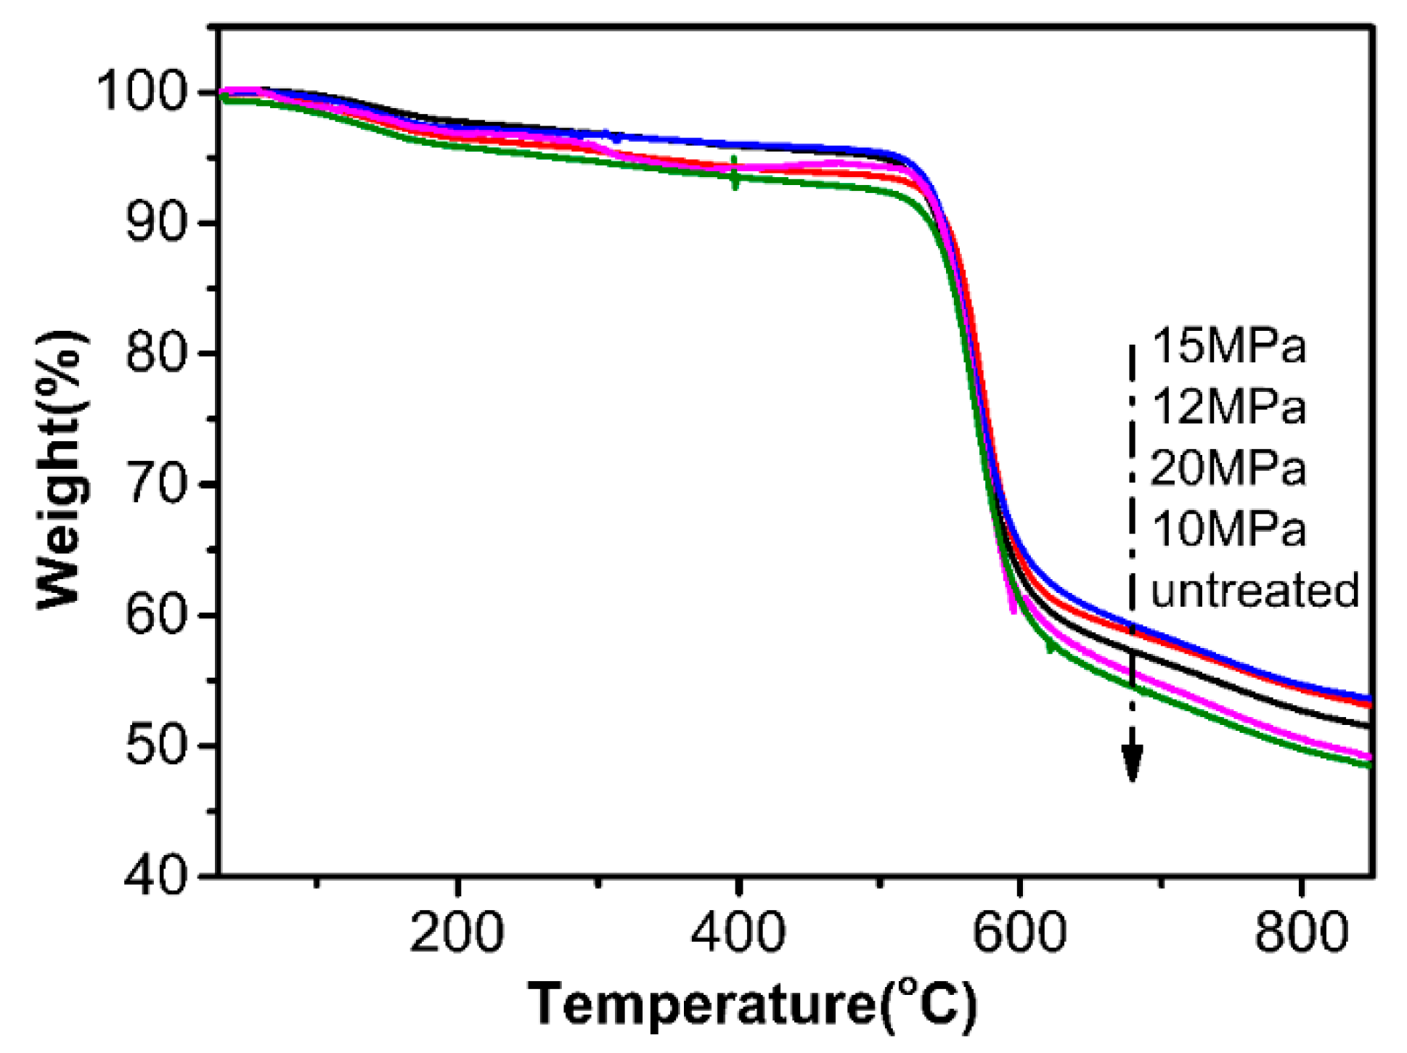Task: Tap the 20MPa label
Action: click(x=1228, y=468)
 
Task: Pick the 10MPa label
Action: click(x=1228, y=529)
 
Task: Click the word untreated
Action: click(x=1255, y=590)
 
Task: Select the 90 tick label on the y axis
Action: click(x=157, y=223)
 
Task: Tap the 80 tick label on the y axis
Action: click(x=157, y=353)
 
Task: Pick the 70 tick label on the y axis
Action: click(x=157, y=484)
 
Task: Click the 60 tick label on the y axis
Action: click(x=157, y=615)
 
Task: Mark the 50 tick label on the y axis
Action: click(x=157, y=745)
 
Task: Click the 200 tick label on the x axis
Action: click(x=457, y=932)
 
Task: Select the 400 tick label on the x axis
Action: click(x=738, y=932)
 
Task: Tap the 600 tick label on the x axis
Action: click(x=1019, y=932)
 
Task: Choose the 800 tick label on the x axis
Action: click(x=1301, y=932)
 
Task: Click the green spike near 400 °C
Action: click(x=735, y=173)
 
